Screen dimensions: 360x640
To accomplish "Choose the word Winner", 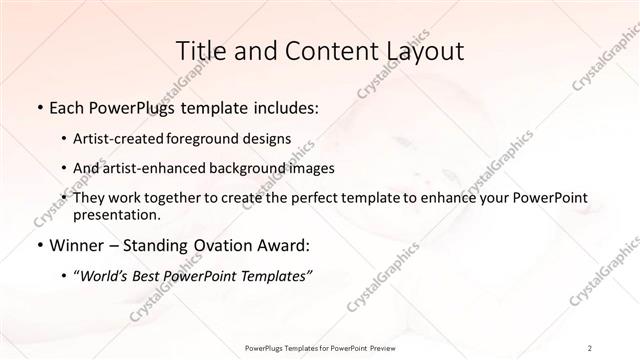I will click(73, 245).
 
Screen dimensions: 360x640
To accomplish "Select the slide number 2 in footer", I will click(590, 347).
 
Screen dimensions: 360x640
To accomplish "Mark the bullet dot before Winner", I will click(37, 245).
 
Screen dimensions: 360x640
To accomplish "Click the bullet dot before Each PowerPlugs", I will click(37, 107).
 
